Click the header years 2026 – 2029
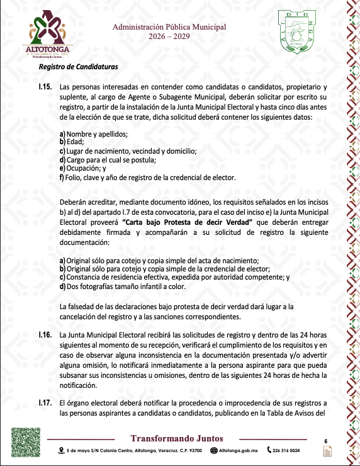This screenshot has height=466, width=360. coord(169,37)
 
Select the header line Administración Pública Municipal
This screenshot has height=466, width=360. coord(169,27)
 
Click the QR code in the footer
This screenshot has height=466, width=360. coord(25,442)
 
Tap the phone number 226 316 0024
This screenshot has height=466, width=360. coord(285,451)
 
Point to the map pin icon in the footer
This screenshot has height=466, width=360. coord(61,451)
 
